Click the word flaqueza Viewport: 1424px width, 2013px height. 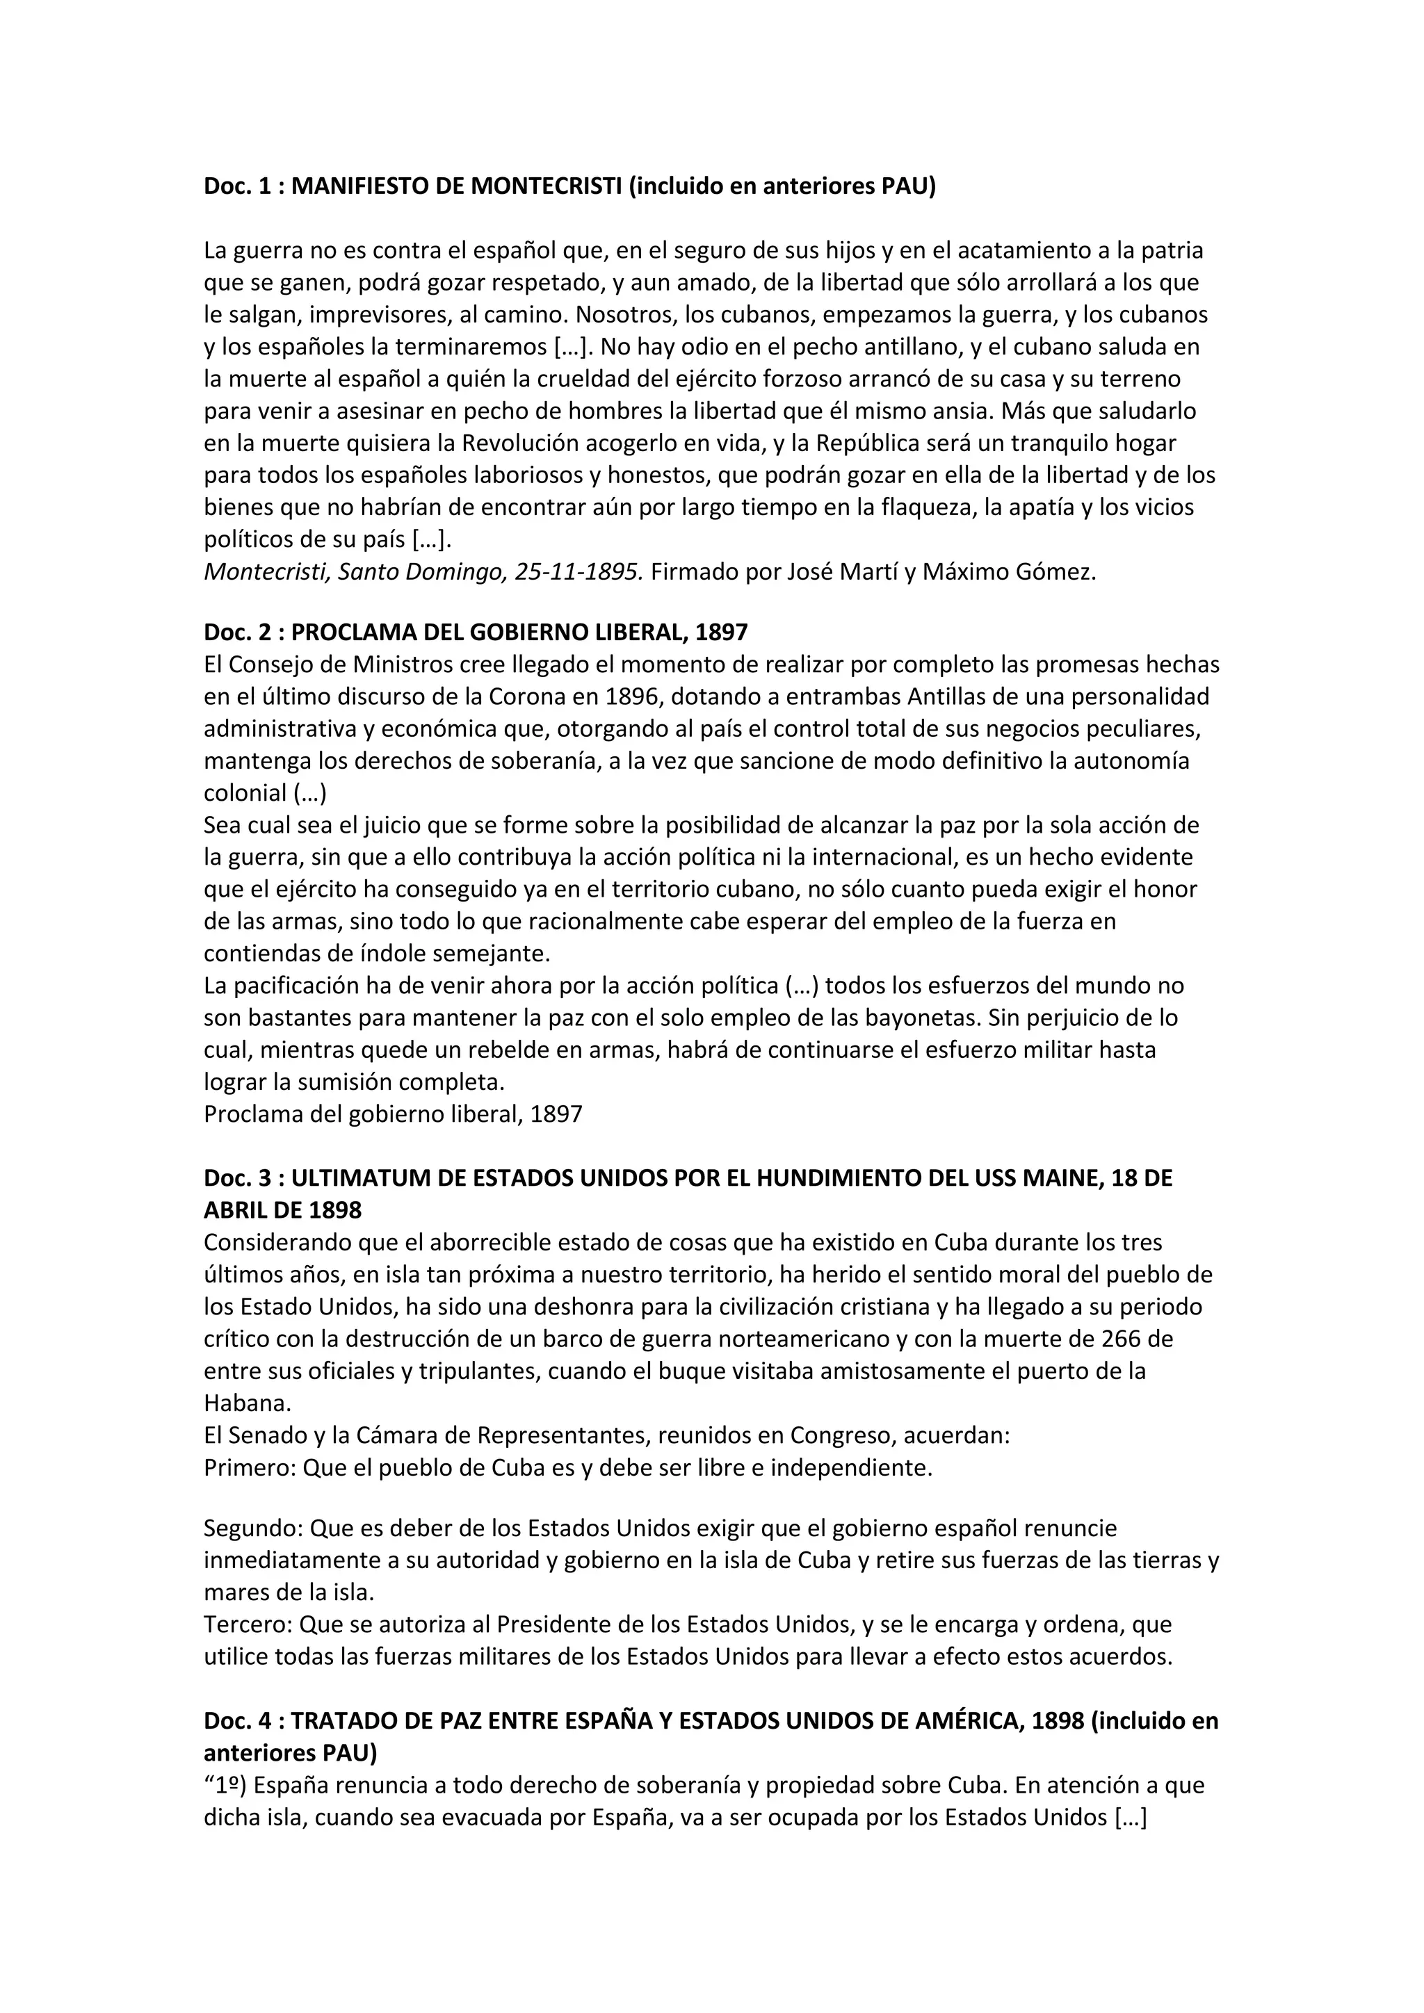coord(928,507)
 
